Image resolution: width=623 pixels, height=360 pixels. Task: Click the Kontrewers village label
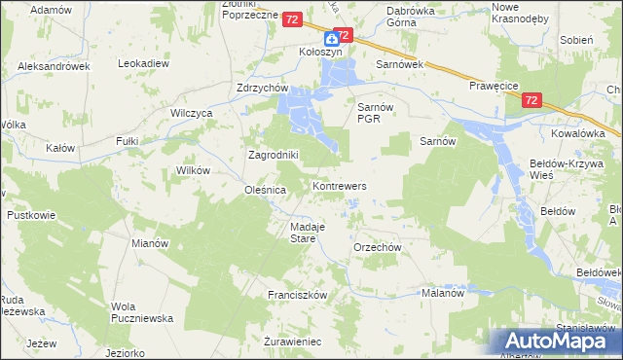click(339, 185)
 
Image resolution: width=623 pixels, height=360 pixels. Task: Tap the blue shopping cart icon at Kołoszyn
click(332, 39)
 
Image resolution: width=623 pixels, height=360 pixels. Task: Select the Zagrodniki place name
click(273, 155)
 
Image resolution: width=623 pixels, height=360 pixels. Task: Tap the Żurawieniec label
click(293, 342)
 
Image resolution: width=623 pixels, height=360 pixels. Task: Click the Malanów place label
click(445, 292)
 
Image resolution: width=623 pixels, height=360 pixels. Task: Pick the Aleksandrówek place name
click(54, 66)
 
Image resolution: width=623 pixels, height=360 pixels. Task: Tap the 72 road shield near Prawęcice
click(531, 100)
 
